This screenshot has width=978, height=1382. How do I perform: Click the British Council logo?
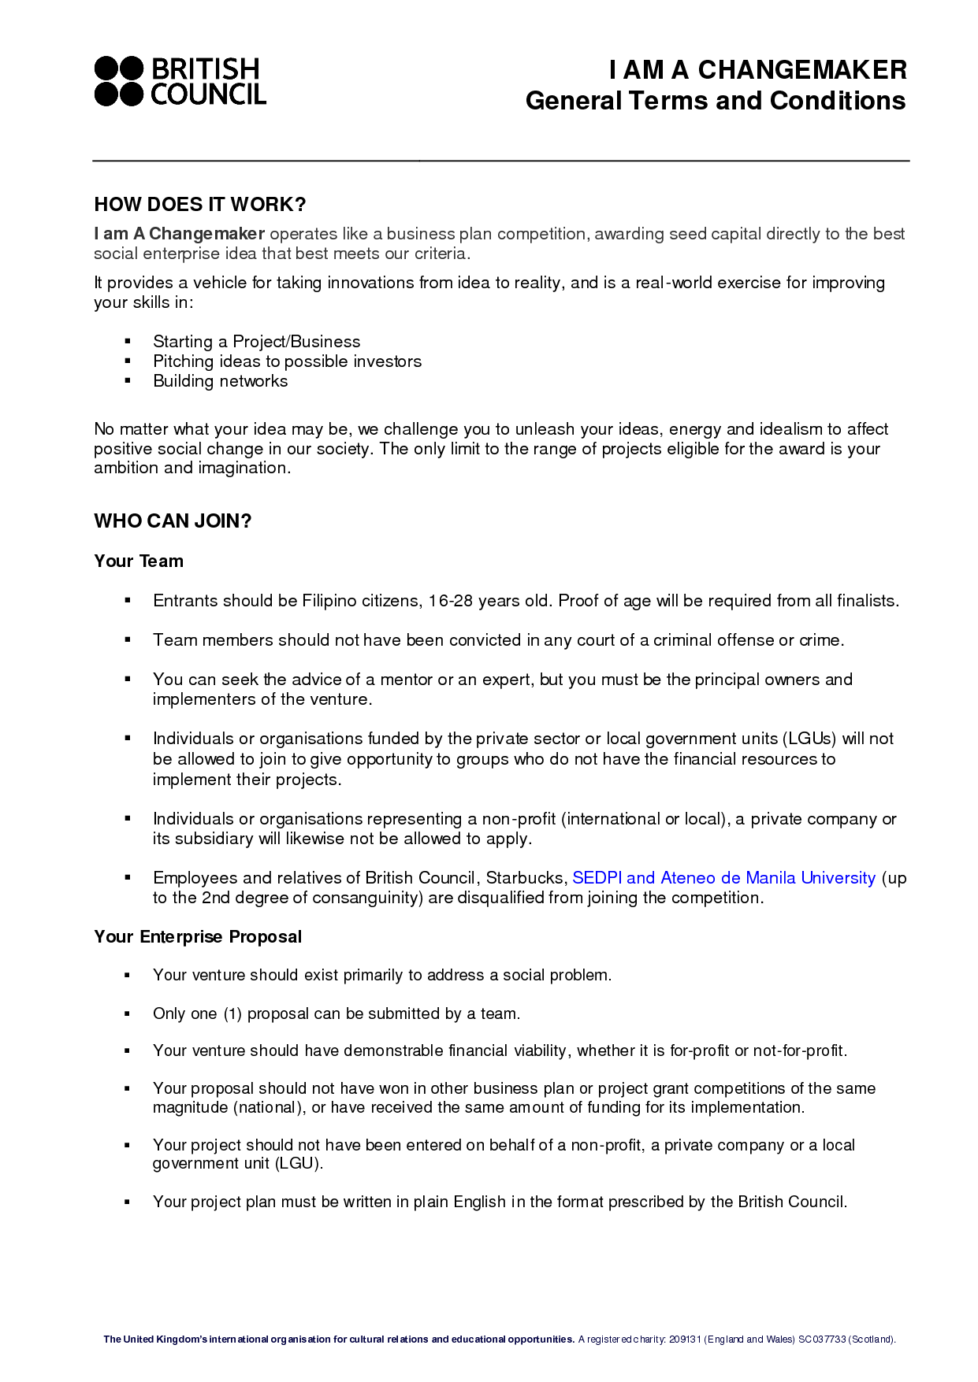tap(180, 81)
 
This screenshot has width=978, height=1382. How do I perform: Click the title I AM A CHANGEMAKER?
tap(757, 70)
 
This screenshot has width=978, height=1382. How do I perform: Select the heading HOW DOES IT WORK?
tap(199, 205)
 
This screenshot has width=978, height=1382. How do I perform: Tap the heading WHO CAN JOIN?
tap(173, 521)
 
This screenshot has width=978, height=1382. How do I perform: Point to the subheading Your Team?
tap(139, 561)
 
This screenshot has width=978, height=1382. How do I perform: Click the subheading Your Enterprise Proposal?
tap(198, 937)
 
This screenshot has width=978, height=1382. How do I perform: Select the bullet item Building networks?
tap(220, 381)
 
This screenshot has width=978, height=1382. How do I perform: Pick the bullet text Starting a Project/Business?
tap(256, 342)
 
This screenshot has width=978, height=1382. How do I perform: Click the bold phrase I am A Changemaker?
tap(179, 234)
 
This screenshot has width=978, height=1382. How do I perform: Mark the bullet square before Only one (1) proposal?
tap(127, 1013)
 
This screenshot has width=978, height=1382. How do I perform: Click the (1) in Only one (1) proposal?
tap(232, 1013)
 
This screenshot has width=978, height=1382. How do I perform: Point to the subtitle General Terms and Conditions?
tap(715, 101)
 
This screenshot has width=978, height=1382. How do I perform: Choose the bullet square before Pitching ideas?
tap(127, 361)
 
